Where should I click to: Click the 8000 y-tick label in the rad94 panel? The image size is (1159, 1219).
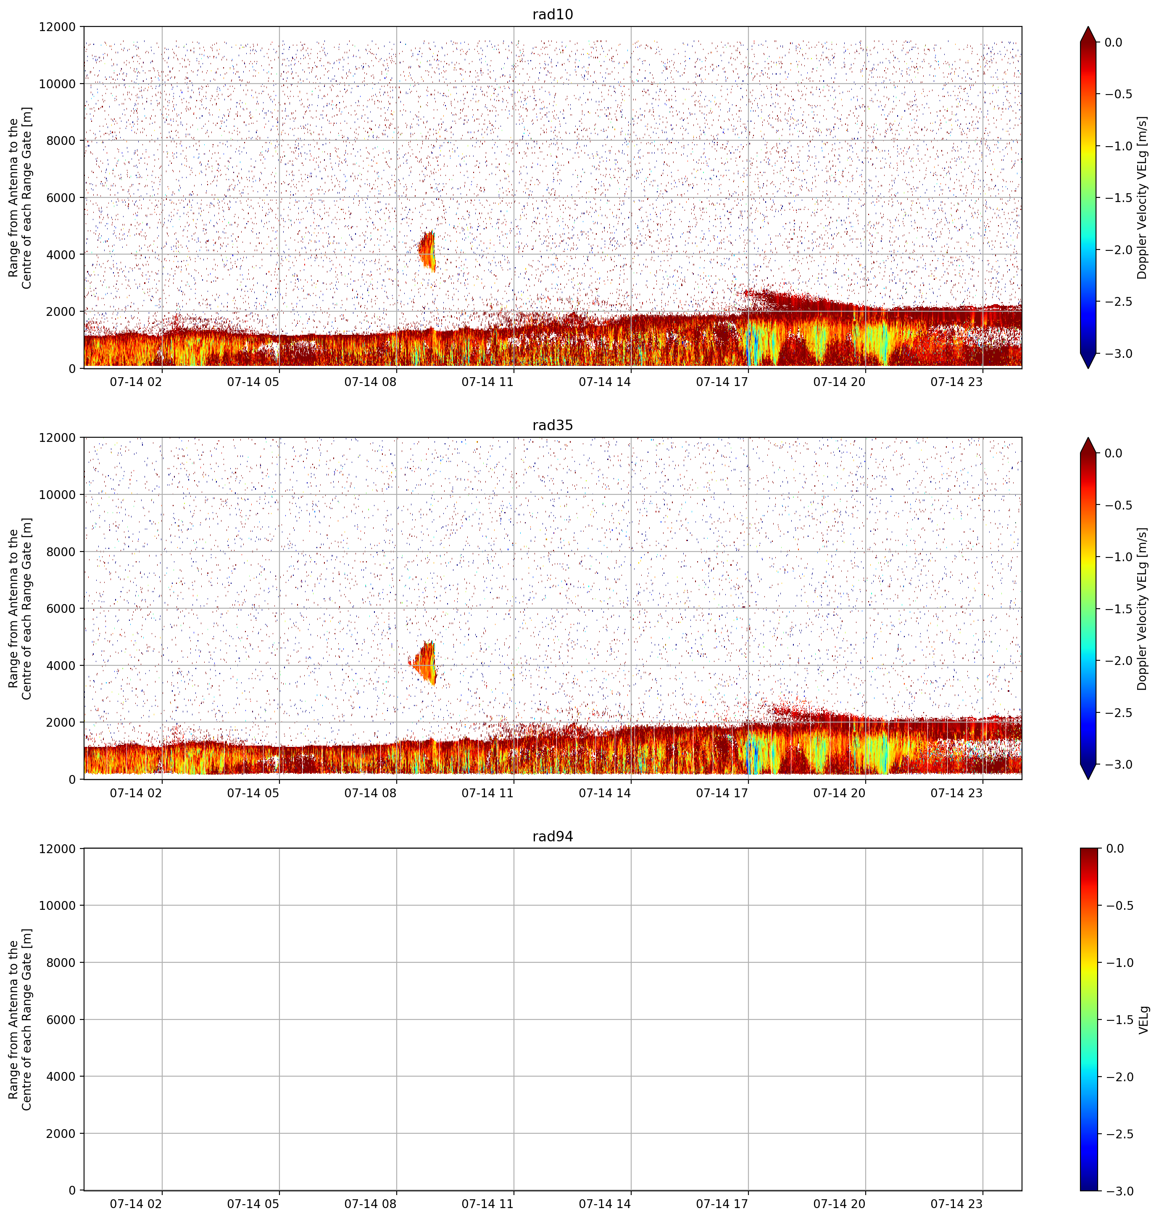62,963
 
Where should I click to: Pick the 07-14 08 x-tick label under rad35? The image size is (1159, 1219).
370,792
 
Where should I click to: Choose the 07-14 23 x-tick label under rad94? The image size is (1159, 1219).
956,1203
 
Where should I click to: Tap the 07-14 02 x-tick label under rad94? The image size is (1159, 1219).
136,1203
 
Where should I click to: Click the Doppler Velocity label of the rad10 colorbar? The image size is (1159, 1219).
1142,197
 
